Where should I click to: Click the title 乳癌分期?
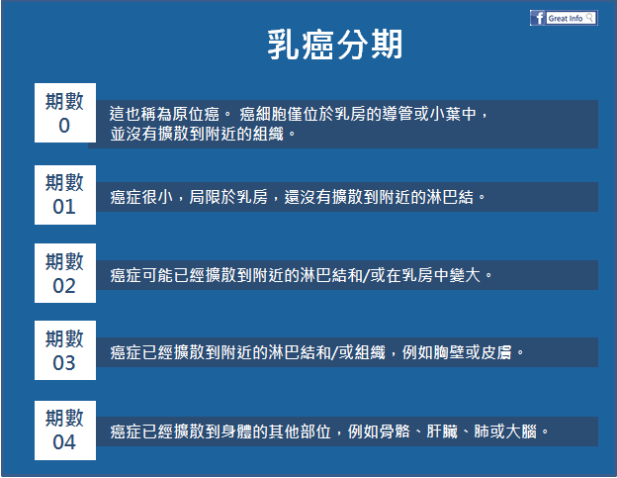tap(335, 45)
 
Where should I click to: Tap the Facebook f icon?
tap(538, 18)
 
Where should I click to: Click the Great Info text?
tap(565, 19)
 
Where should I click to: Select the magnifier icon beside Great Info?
tap(589, 18)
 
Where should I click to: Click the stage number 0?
tap(64, 126)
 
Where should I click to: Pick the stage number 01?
tap(64, 207)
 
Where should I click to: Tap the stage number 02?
tap(64, 286)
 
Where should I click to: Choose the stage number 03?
tap(64, 363)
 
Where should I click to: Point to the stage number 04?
tap(64, 442)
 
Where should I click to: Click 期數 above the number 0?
tap(64, 101)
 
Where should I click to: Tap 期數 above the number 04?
tap(64, 419)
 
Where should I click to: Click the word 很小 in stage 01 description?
tap(157, 197)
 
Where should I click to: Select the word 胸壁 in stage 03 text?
tap(449, 352)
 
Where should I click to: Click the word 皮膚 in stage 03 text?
tap(496, 352)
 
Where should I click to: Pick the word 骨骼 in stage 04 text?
tap(395, 431)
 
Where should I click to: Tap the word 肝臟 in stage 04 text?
tap(442, 431)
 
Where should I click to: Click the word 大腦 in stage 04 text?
tap(521, 431)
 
